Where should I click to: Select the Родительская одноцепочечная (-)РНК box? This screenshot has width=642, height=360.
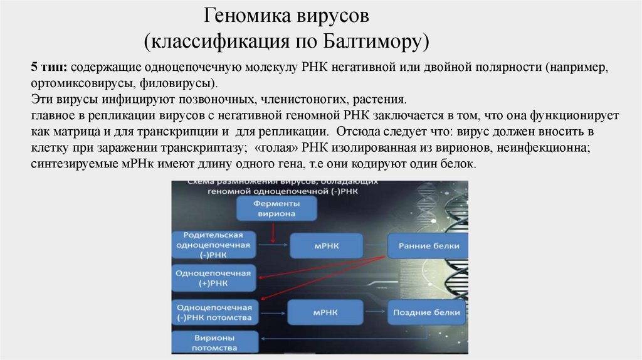(213, 245)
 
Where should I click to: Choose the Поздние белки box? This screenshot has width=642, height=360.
(427, 312)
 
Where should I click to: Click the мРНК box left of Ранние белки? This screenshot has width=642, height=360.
(326, 246)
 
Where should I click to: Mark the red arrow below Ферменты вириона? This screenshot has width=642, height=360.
(273, 233)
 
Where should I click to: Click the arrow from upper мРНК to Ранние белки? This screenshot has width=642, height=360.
(375, 246)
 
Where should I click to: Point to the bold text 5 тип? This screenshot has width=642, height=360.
(49, 67)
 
